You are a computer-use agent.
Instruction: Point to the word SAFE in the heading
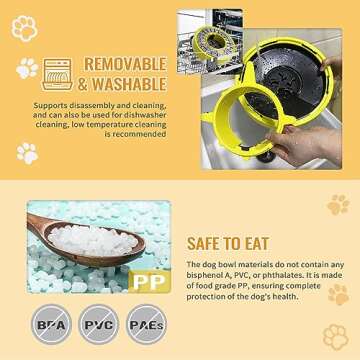coord(208,243)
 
